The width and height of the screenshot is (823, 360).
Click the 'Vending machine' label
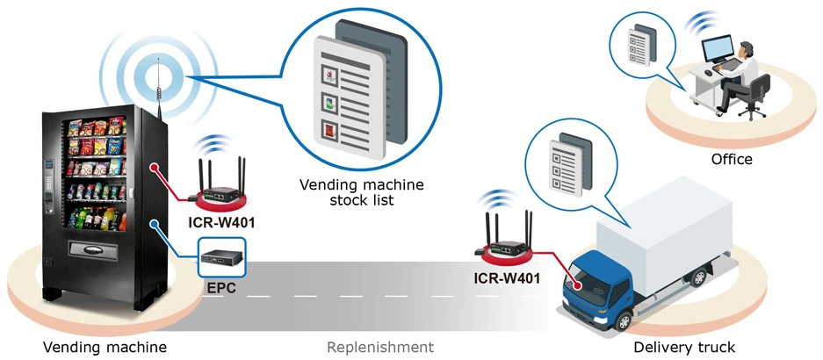coord(105,347)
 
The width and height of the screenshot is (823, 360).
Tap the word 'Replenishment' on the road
coord(380,347)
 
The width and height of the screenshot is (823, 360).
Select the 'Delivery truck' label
coord(684,347)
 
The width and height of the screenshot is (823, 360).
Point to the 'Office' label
coord(732,159)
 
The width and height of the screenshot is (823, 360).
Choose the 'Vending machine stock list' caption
coord(361,192)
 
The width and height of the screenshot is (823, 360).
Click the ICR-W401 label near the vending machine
coord(221,222)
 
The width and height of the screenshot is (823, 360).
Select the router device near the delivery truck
coord(507,247)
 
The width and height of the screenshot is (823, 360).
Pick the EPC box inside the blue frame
coord(221,256)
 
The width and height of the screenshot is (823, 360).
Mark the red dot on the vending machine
coord(155,165)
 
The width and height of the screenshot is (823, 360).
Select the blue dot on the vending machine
coord(155,223)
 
